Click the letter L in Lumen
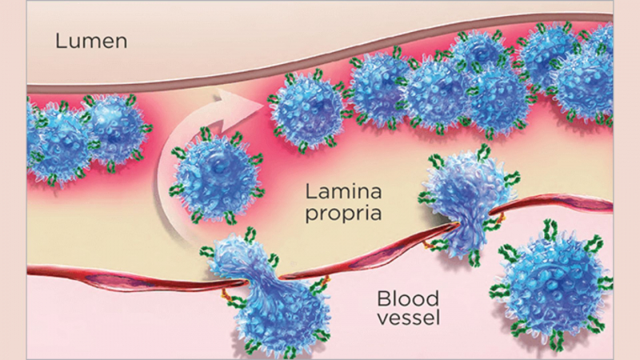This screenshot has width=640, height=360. coord(59,41)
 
